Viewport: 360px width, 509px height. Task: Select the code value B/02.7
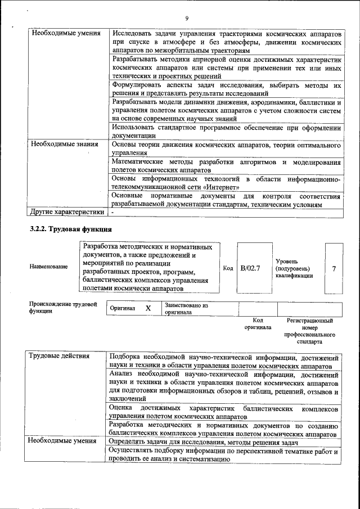pyautogui.click(x=250, y=268)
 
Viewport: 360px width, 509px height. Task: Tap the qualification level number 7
pyautogui.click(x=334, y=269)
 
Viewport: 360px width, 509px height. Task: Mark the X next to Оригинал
pyautogui.click(x=148, y=308)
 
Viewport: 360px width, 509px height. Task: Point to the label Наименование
pyautogui.click(x=49, y=267)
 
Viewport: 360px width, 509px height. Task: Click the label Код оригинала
pyautogui.click(x=258, y=323)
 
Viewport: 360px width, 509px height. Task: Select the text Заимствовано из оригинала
pyautogui.click(x=186, y=308)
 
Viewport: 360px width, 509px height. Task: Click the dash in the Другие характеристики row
pyautogui.click(x=112, y=212)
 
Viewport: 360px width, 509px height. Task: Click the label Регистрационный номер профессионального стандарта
pyautogui.click(x=309, y=331)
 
